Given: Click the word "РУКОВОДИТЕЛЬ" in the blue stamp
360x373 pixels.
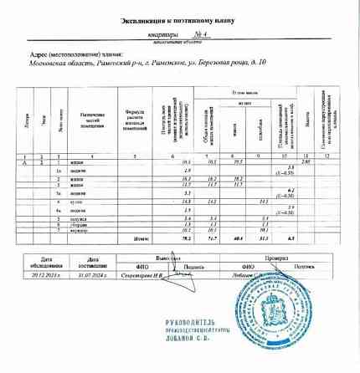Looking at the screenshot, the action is tap(181, 320).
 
